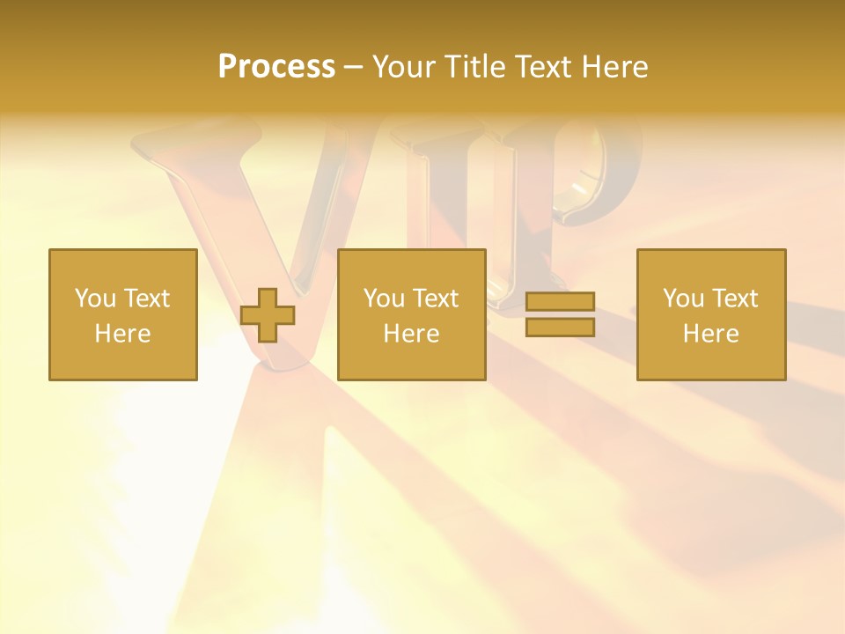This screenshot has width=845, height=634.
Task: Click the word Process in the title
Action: coord(276,66)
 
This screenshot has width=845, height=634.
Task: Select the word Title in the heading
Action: coord(480,66)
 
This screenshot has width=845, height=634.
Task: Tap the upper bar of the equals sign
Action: coord(560,301)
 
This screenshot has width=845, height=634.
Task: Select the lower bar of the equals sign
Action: coord(560,328)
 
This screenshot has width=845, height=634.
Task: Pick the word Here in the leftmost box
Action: coord(122,334)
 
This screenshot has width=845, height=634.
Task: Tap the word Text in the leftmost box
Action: coord(146,299)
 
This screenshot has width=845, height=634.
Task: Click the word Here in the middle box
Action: coord(411,334)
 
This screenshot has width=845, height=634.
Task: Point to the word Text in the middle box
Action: coord(435,299)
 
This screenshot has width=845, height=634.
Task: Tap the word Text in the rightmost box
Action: coord(734,299)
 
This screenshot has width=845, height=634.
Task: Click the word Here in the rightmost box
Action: coord(710,334)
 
